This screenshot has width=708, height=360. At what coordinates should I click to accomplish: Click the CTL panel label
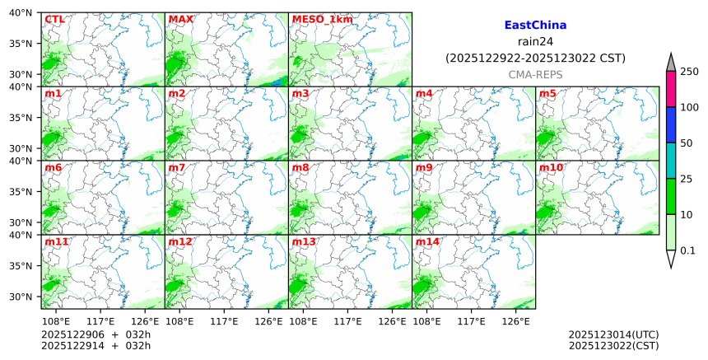[x=54, y=19]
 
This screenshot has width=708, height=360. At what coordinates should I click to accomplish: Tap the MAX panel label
[x=179, y=19]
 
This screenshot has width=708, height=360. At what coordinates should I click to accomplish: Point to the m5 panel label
[x=547, y=93]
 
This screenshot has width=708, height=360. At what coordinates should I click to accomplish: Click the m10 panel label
[x=552, y=167]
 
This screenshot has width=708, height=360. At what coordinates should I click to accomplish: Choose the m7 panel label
[x=177, y=167]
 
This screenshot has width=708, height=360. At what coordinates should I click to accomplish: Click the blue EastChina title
[x=535, y=26]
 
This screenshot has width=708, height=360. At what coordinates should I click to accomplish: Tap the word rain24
[x=535, y=42]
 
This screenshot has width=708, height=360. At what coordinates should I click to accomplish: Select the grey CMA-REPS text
[x=535, y=74]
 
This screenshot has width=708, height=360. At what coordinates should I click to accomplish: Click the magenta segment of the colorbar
[x=671, y=89]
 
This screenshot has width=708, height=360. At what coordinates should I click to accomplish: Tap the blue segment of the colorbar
[x=671, y=124]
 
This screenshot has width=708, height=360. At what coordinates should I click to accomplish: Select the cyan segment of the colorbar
[x=671, y=160]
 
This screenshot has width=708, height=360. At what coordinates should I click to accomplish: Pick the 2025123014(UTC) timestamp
[x=613, y=334]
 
